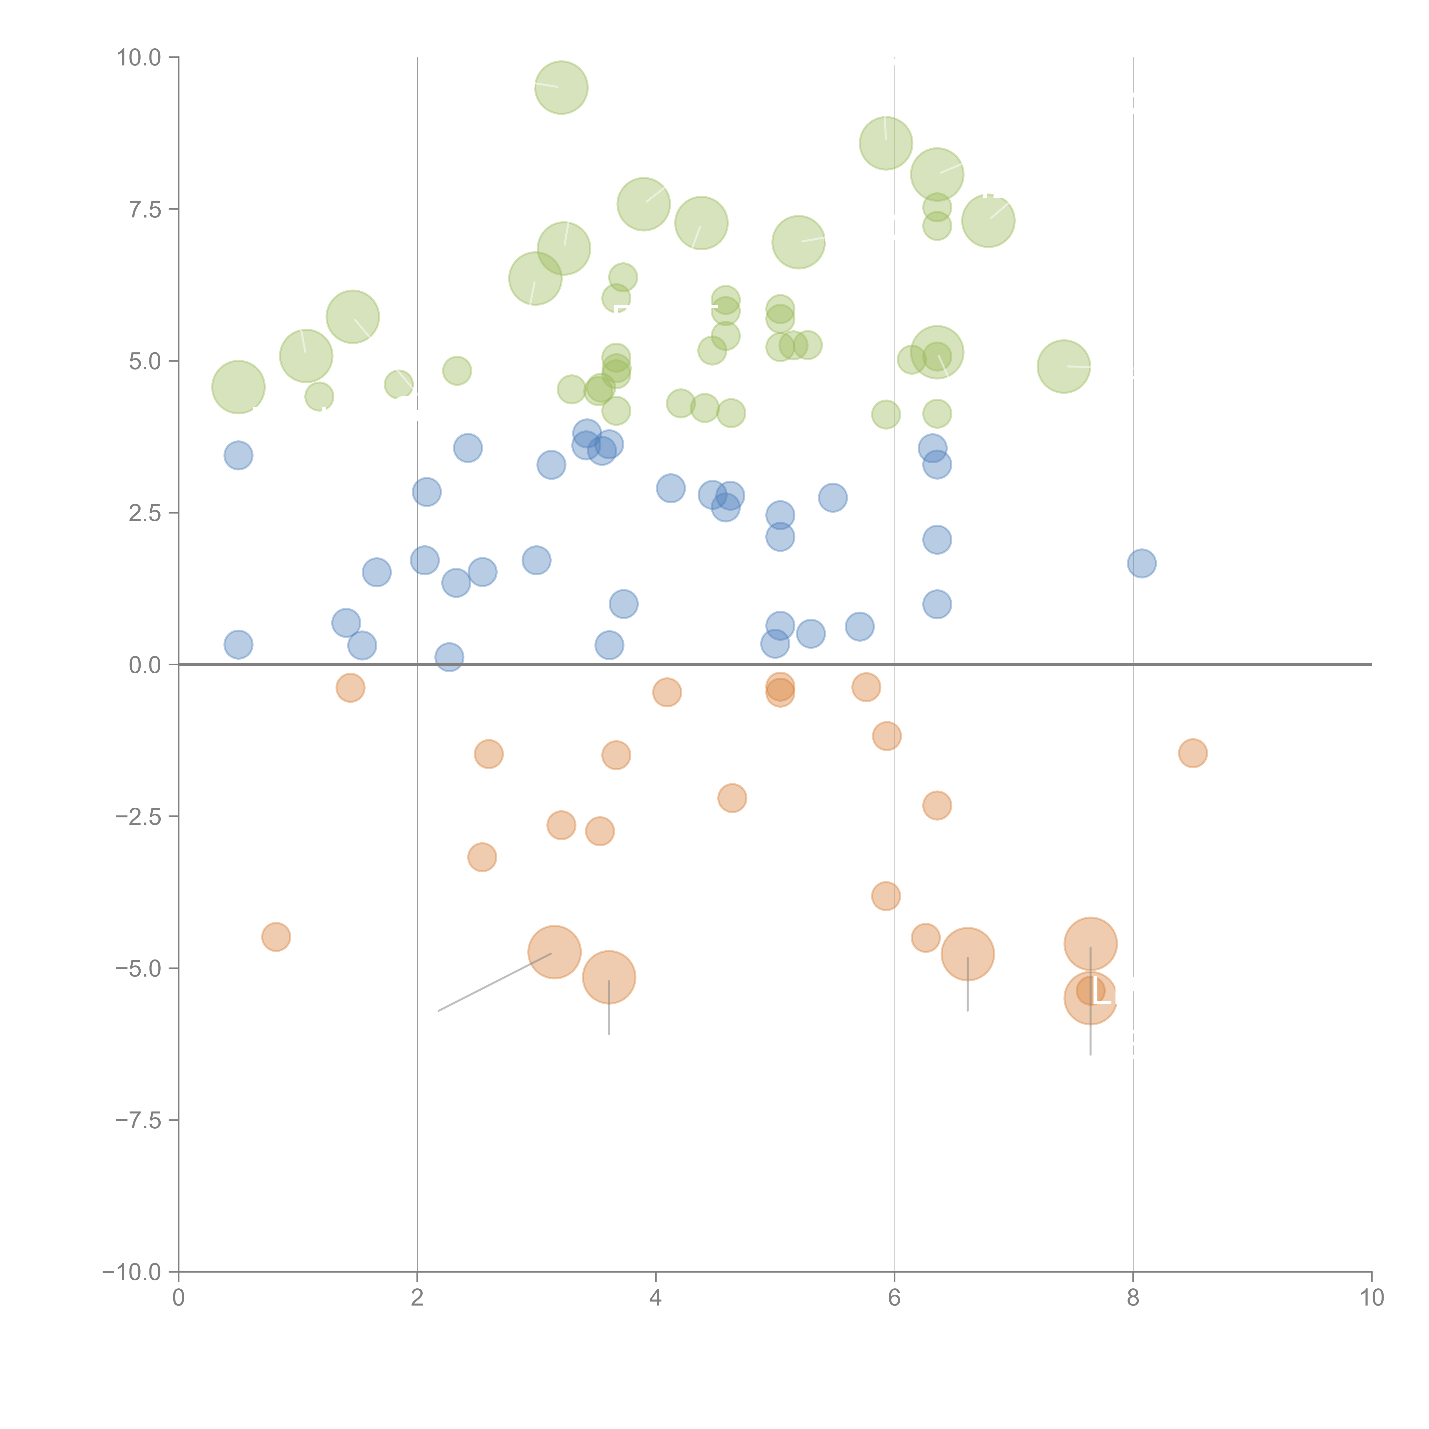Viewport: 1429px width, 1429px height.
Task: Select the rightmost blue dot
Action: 1141,564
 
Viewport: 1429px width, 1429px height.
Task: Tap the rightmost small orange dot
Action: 1192,753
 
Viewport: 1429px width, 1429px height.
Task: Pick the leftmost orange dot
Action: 276,937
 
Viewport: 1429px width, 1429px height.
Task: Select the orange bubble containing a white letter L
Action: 1090,999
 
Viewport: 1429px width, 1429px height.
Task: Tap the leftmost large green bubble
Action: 238,387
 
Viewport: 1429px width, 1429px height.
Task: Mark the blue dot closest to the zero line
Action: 449,657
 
